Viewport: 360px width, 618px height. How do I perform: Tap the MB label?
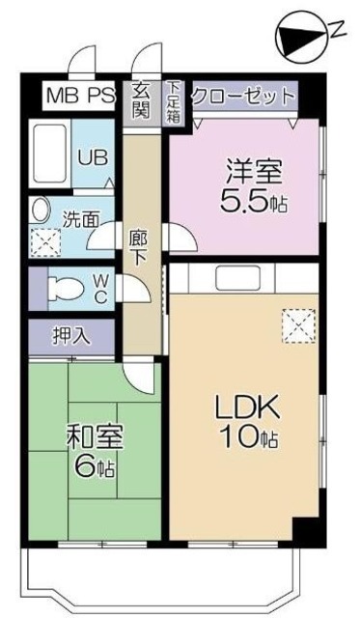coord(63,97)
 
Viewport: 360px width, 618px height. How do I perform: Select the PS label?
coord(99,97)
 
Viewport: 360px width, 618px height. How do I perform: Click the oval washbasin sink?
coord(41,208)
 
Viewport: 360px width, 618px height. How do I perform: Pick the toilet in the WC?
coord(68,288)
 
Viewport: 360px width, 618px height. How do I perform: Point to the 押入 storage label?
coord(69,337)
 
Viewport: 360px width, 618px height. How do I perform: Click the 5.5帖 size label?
coord(256,204)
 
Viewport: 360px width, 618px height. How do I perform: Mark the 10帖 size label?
coord(248,437)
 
